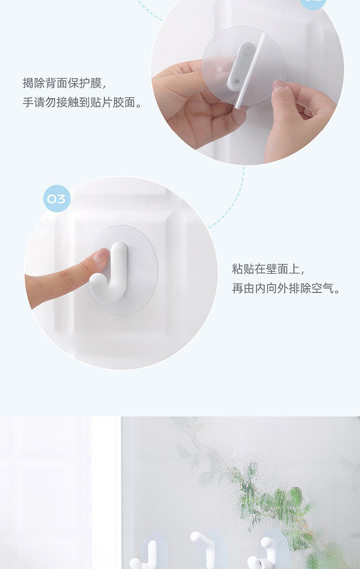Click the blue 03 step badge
tap(57, 198)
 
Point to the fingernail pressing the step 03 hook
tap(100, 255)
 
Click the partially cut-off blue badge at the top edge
tap(313, 4)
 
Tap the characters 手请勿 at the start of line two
tap(39, 102)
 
